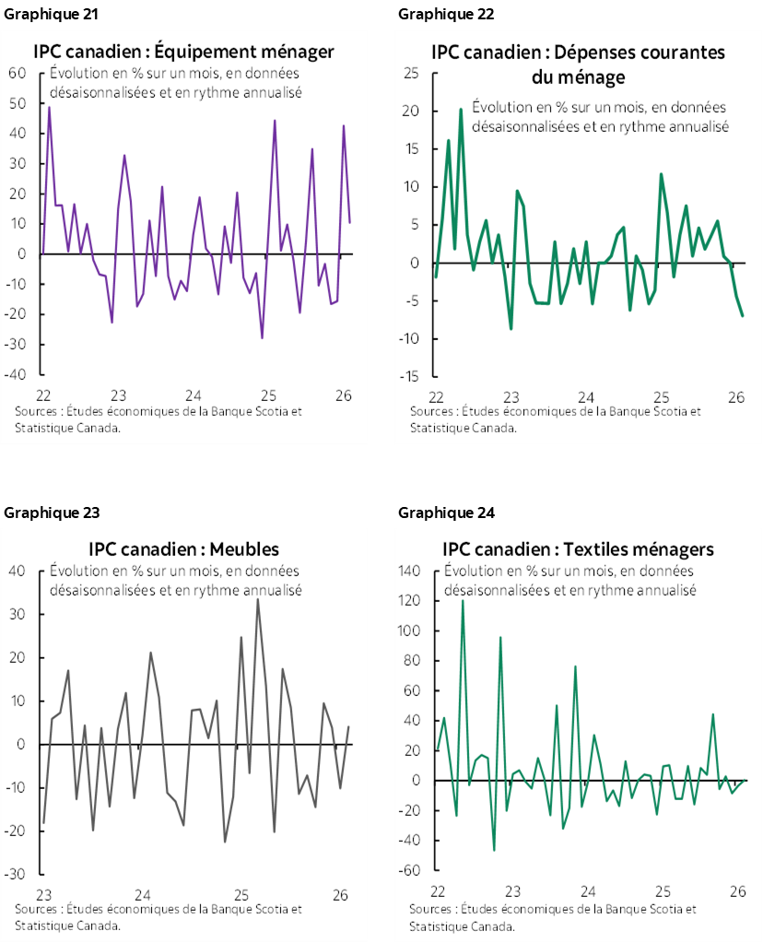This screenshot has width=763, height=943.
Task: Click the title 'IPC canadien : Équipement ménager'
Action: coord(183,52)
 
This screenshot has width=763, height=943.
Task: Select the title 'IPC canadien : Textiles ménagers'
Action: coord(578,549)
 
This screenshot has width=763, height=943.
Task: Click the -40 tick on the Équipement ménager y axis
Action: coord(18,375)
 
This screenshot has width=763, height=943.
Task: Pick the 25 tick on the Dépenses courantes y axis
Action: coord(413,74)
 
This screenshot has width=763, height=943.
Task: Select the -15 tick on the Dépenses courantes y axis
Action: coord(411,377)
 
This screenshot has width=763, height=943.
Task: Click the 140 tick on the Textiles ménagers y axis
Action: coord(409,572)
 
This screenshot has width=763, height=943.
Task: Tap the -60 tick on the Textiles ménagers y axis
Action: coord(411,871)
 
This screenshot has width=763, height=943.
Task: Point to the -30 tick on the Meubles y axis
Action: coord(18,875)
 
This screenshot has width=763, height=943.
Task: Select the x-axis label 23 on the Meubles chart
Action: coord(43,894)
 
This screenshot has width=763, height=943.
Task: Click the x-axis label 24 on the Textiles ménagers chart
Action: coord(588,891)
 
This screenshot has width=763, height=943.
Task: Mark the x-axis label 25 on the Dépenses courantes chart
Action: coord(662,396)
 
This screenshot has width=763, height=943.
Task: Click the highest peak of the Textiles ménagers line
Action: coord(463,600)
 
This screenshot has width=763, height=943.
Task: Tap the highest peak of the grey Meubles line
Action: coord(258,599)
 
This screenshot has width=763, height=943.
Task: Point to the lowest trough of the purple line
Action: coord(262,338)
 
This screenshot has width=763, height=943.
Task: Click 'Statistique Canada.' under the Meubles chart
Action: coord(67,925)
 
